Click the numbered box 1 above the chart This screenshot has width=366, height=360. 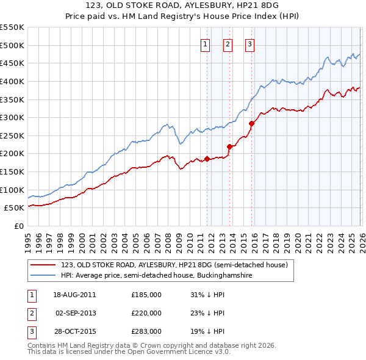[205, 43]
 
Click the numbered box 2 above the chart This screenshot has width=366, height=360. [228, 43]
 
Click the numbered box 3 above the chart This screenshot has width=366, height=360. [250, 43]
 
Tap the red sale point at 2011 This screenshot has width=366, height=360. [207, 159]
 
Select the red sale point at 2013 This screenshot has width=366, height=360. [229, 146]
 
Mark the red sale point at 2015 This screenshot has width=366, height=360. [251, 123]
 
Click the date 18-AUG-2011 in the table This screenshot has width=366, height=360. [74, 294]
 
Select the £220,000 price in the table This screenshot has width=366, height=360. [146, 313]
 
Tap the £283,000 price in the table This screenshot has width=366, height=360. [146, 332]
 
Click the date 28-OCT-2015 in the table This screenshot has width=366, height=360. [74, 332]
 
